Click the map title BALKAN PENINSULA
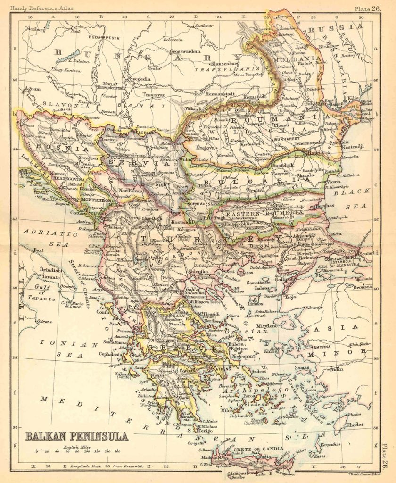(x=76, y=436)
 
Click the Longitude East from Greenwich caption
(x=101, y=466)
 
